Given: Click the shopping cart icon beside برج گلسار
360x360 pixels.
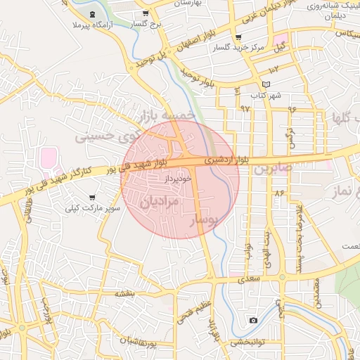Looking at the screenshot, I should click(x=146, y=13).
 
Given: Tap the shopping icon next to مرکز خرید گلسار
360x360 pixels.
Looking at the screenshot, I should click(x=238, y=37).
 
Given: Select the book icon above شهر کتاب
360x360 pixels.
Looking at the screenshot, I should click(x=264, y=84).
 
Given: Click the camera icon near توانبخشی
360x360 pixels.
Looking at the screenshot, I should click(x=253, y=321).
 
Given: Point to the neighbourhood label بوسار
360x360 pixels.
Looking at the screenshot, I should click(x=210, y=221).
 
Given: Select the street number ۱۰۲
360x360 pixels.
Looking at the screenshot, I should click(x=274, y=69).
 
